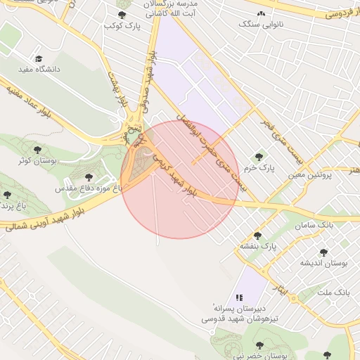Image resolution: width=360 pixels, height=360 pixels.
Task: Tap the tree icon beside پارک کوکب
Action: tap(122, 15)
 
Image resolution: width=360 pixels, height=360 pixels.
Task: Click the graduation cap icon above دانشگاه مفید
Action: tap(38, 59)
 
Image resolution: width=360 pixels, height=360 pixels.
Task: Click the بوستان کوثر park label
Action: tap(37, 161)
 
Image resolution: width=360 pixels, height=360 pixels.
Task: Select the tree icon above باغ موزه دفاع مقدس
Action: tap(88, 178)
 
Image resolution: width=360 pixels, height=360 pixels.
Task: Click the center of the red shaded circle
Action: tap(181, 179)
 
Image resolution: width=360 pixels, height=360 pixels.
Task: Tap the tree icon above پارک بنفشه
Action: tap(257, 236)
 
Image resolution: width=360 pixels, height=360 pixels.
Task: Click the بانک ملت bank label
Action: tap(333, 291)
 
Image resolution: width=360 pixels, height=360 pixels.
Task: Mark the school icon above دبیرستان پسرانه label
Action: tap(239, 297)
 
